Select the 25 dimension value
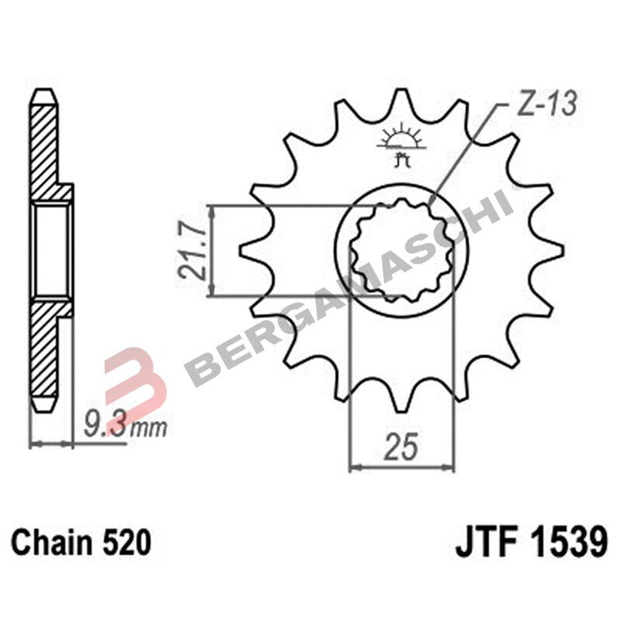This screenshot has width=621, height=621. [401, 448]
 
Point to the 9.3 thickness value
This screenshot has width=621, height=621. [103, 425]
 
